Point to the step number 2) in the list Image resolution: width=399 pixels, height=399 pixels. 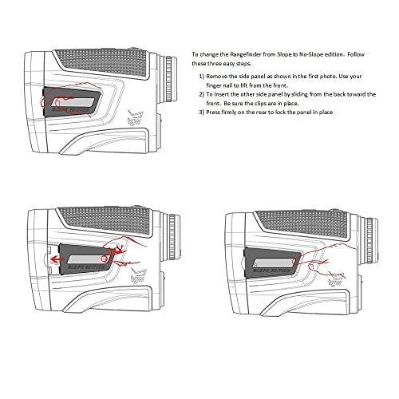[203, 93]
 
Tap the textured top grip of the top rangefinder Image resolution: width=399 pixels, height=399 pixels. [120, 61]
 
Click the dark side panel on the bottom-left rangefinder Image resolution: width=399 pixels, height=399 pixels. [80, 259]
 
